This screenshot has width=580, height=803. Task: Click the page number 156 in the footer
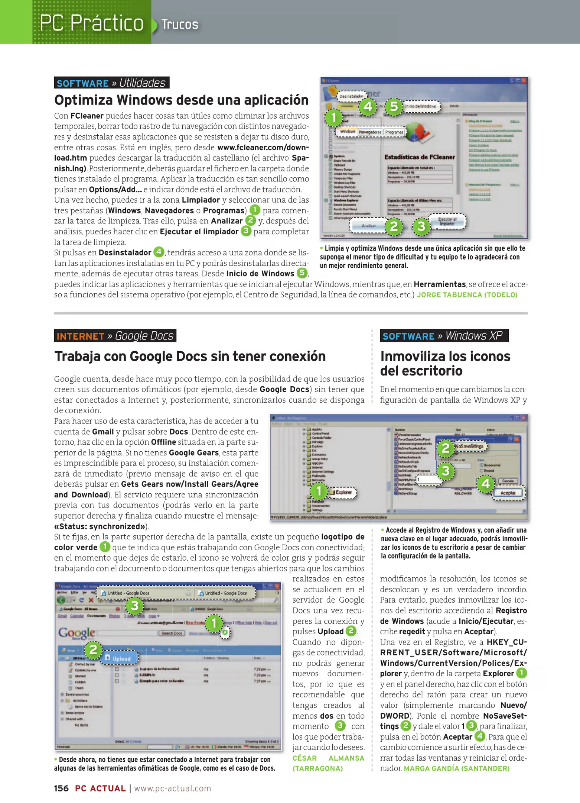pos(61,788)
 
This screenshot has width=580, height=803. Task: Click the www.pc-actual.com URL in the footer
pos(172,788)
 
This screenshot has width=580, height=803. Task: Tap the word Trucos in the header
pos(180,25)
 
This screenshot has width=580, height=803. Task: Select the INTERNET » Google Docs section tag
pos(115,336)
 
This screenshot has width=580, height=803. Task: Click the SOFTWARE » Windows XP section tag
pos(444,336)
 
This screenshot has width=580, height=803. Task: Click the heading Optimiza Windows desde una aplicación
pos(181,100)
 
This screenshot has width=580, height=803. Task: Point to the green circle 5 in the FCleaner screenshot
pos(394,107)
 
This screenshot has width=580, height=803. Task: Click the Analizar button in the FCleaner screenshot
pos(369,226)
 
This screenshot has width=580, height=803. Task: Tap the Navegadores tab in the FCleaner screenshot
pos(370,132)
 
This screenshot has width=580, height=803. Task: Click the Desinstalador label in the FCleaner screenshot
pos(351,96)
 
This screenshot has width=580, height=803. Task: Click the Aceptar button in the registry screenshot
pos(508,493)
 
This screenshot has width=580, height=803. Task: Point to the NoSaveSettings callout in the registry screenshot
pos(469,446)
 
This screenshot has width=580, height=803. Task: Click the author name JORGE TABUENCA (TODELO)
pos(467,295)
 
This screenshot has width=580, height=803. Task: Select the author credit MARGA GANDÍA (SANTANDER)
pos(456,768)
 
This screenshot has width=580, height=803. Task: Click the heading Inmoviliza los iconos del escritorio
pos(445,363)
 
